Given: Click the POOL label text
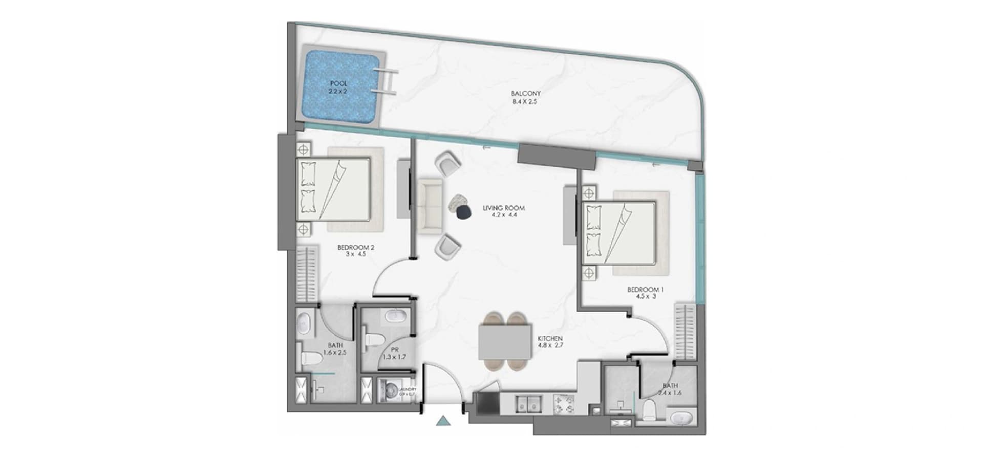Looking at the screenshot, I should point(338,83).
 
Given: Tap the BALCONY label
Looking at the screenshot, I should point(525,94).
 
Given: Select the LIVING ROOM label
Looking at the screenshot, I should point(504,208).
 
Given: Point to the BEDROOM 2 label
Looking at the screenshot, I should point(356,248).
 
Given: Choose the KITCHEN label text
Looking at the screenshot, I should point(550,339).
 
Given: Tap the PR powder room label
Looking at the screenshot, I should point(394,350).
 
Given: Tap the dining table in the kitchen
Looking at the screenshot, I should point(505,342).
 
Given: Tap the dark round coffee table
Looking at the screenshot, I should point(464,212).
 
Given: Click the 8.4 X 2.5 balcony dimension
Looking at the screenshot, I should point(525,102).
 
